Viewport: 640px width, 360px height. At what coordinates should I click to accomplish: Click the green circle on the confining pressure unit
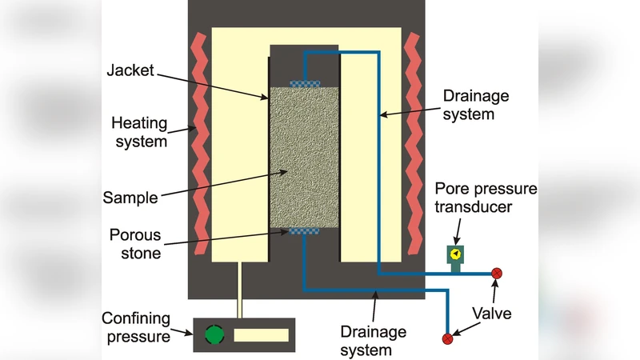point(213,334)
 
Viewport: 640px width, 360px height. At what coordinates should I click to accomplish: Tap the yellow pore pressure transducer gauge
point(455,254)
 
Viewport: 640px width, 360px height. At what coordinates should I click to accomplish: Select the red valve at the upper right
point(497,274)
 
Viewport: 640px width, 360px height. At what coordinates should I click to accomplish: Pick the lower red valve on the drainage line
point(447,338)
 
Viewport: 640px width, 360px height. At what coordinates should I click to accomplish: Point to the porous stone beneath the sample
point(304,231)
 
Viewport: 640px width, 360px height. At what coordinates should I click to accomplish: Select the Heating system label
point(139,133)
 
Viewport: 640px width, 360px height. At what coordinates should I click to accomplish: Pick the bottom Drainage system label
point(374,340)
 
